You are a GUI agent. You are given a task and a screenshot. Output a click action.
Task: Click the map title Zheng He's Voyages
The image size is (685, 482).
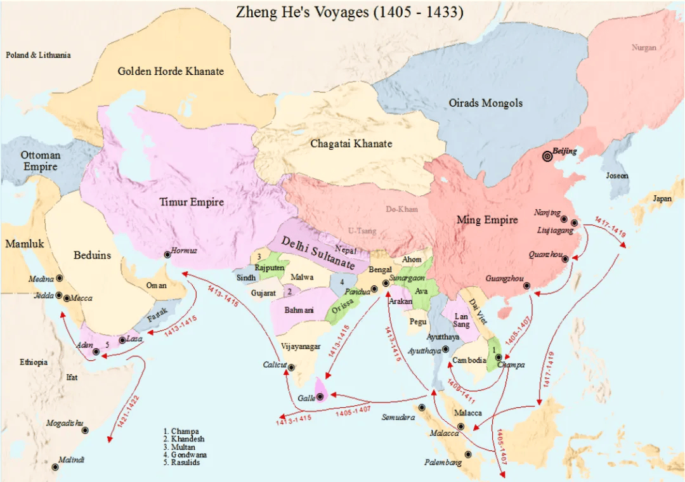349,12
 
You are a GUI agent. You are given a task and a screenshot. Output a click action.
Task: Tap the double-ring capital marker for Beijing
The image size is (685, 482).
547,156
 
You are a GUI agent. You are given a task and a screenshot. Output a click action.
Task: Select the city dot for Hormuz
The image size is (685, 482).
167,254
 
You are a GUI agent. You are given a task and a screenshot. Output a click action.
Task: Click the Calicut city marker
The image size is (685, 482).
291,367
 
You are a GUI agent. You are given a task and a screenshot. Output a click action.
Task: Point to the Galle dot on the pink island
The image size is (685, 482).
320,397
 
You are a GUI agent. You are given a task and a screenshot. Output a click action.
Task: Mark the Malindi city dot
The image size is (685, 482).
55,467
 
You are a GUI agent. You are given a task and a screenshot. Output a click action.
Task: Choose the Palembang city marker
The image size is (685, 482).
468,454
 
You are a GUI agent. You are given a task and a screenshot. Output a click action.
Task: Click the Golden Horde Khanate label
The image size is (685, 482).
171,71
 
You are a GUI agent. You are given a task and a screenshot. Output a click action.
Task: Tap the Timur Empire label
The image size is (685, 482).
192,202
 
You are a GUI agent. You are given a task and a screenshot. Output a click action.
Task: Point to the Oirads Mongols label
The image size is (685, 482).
485,103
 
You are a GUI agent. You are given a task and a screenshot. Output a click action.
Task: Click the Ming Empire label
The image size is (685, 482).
487,220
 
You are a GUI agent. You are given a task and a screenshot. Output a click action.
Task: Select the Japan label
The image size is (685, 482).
662,199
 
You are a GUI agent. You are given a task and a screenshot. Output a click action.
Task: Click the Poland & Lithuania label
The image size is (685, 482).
39,55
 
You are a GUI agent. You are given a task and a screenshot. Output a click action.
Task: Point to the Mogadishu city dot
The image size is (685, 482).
85,431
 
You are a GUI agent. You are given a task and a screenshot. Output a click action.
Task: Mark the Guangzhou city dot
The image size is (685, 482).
526,286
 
